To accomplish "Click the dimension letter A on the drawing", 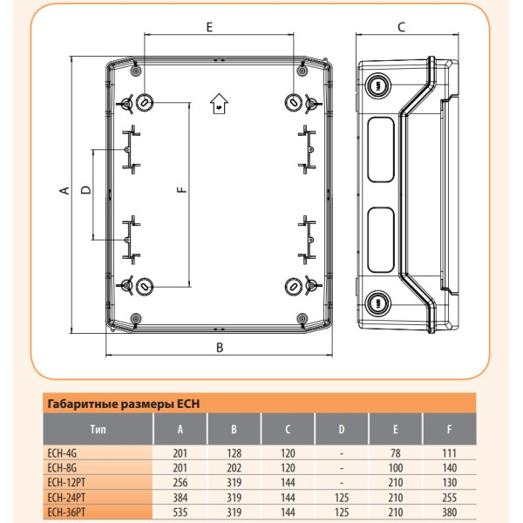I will coord(65,191).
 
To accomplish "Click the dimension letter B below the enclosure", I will coord(221,348).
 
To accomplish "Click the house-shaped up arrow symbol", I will coord(218,105).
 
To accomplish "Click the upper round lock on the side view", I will coord(377,85).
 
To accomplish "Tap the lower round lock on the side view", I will coord(377,302).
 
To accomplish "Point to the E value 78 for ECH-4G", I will coord(397,452).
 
